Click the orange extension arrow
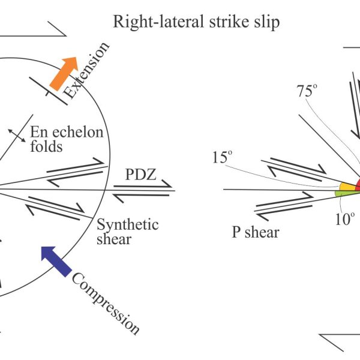click(x=64, y=73)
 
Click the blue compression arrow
click(x=56, y=261)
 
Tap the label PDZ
click(x=141, y=174)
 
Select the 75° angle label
click(x=307, y=91)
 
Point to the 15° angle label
click(x=222, y=157)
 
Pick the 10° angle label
click(x=345, y=219)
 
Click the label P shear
click(x=256, y=232)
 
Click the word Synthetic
click(x=128, y=224)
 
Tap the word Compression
click(x=106, y=304)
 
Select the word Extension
click(x=85, y=70)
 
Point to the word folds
click(x=46, y=146)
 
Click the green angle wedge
click(x=347, y=193)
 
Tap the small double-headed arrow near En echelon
click(x=17, y=136)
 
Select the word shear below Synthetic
click(x=114, y=239)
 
